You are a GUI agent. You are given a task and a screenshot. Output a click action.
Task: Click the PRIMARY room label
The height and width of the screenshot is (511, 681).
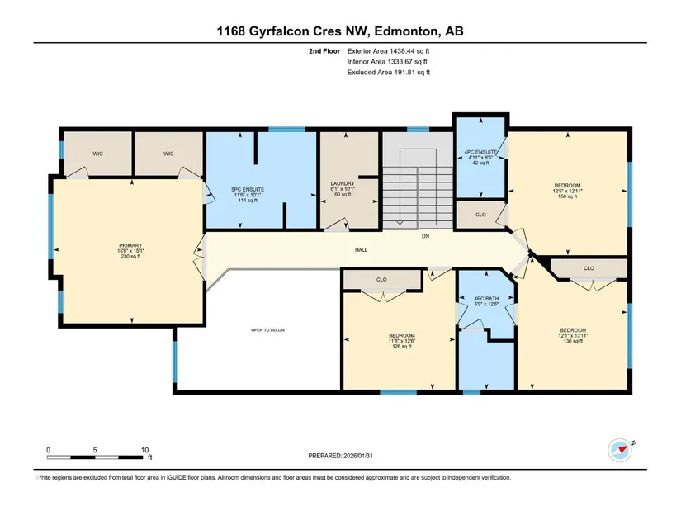click(130, 245)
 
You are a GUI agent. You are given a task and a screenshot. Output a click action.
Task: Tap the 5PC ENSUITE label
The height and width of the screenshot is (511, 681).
click(248, 189)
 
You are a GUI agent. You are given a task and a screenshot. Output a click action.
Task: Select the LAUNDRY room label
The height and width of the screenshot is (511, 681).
click(343, 184)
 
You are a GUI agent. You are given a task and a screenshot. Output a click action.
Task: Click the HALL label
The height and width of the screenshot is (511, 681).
click(361, 250)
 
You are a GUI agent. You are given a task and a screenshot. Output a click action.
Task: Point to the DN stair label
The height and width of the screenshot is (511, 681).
click(426, 236)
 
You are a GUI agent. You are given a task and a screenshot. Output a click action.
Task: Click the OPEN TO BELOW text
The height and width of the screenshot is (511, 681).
click(268, 330)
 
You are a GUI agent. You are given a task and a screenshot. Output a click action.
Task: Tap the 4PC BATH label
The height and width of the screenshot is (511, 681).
click(486, 299)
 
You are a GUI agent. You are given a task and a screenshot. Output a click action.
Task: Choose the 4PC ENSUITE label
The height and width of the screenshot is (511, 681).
click(480, 152)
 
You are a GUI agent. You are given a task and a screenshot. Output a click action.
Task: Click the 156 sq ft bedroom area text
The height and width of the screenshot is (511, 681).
click(567, 196)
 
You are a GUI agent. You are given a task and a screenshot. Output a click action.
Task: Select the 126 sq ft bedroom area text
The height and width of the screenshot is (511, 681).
click(402, 347)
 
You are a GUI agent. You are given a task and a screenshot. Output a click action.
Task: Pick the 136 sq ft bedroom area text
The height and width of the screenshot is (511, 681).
click(573, 341)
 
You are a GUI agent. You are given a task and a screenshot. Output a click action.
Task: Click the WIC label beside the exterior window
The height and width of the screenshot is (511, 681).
click(97, 154)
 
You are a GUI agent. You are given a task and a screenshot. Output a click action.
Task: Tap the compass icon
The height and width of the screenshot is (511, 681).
click(620, 450)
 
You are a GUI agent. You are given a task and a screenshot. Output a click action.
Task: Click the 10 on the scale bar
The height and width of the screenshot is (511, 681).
click(144, 450)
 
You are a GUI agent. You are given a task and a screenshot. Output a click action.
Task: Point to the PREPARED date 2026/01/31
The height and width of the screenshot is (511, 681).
click(358, 456)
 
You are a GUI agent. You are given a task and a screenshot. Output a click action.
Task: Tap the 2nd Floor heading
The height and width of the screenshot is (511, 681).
click(324, 51)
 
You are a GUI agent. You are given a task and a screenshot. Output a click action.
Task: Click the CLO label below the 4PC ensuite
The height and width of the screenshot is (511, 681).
click(480, 215)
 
